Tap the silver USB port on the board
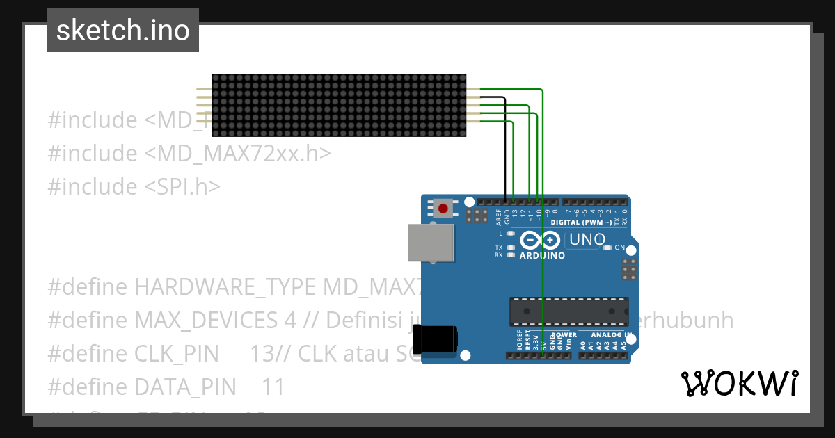point(431,243)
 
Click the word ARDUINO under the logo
point(542,255)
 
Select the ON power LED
point(607,248)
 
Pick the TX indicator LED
point(511,248)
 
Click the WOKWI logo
point(739,383)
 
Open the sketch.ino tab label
point(123,31)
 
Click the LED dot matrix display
point(339,104)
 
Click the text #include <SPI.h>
point(134,186)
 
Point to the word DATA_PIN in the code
point(184,387)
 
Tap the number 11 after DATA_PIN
point(273,387)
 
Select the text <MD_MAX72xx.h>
point(237,153)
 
